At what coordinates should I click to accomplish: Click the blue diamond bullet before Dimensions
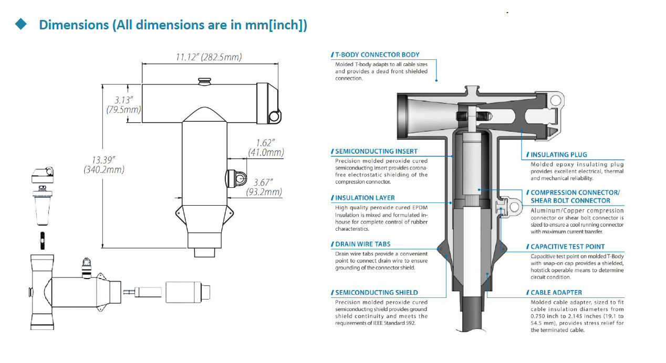tap(21, 24)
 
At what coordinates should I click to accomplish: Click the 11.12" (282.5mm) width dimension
tap(209, 57)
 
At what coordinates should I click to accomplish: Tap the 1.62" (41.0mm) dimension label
tap(265, 143)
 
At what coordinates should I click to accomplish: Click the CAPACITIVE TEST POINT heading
tap(567, 247)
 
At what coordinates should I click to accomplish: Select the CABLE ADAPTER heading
tap(556, 292)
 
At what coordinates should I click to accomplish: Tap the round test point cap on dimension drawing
tap(239, 179)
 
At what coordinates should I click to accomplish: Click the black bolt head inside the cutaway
tap(463, 114)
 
